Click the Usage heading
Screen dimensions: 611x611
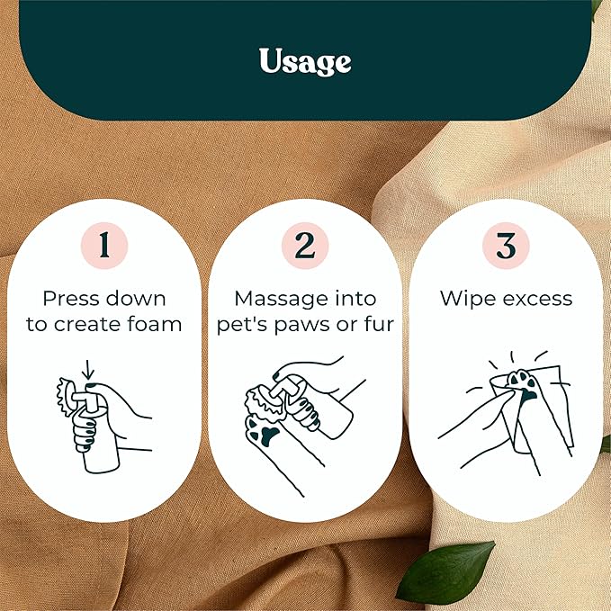305,61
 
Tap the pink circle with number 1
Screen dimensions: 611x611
104,246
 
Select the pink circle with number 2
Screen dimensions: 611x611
305,246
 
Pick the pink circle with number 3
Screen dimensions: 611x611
506,246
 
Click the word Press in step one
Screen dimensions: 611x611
71,299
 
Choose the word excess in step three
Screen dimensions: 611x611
538,300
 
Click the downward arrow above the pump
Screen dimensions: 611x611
88,369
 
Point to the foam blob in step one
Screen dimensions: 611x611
65,396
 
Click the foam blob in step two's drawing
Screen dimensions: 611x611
262,401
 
